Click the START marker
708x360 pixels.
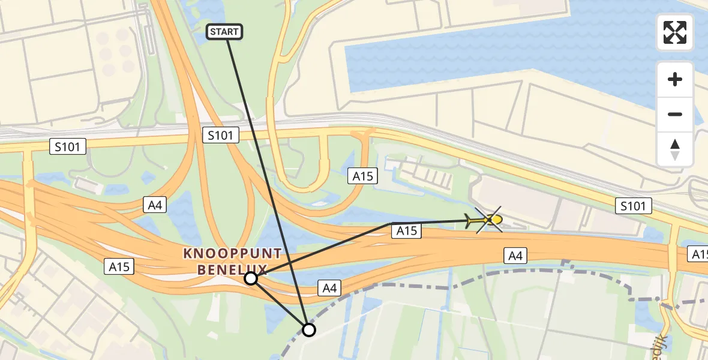tap(224, 32)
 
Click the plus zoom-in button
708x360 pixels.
tap(675, 79)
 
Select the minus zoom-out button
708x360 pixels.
tap(675, 114)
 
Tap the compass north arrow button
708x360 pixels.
tap(675, 149)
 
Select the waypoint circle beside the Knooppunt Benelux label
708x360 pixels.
tap(251, 278)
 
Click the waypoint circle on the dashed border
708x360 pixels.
tap(308, 329)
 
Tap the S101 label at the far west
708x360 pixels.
tap(68, 146)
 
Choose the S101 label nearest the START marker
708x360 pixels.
tap(220, 135)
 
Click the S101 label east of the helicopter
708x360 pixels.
tap(634, 206)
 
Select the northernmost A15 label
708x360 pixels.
tap(363, 175)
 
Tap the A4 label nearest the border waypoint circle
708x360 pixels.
tap(328, 289)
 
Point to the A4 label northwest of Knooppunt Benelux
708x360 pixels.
tap(155, 205)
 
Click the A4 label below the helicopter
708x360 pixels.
tap(516, 257)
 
